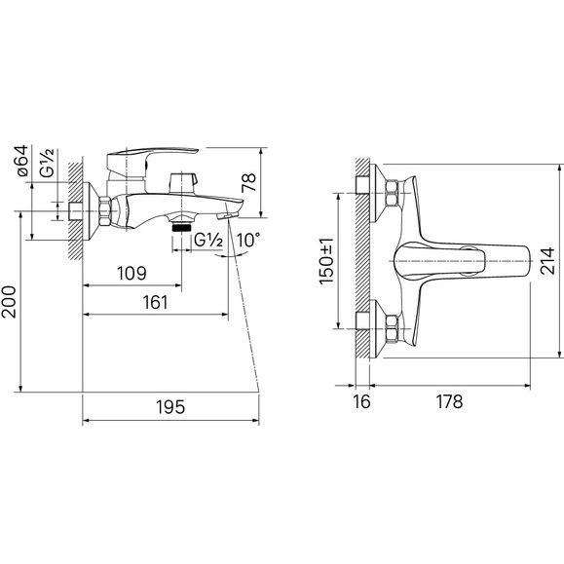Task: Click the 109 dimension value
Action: tap(132, 274)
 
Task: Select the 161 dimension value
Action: tap(155, 303)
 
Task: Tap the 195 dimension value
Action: tap(170, 407)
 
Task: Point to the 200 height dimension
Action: tap(9, 302)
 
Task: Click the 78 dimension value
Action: tap(248, 182)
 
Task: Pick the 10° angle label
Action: tap(248, 240)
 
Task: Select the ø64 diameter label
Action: tap(21, 161)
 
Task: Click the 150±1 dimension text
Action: tap(326, 261)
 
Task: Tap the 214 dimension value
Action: tap(547, 261)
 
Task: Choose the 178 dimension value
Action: tap(449, 401)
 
